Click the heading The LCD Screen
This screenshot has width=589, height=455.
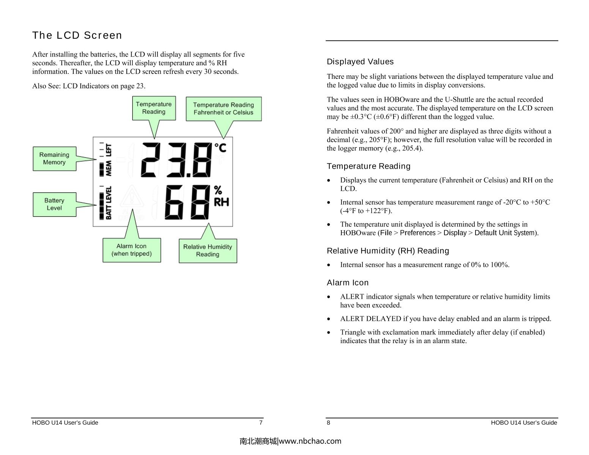pos(77,35)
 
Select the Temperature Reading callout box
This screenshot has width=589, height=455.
pos(154,108)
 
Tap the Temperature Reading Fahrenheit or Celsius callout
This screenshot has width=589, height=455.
pos(224,109)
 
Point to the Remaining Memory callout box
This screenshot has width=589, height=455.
pos(54,158)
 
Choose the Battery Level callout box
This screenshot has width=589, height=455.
pos(54,204)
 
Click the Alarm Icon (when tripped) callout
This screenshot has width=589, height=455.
pos(132,250)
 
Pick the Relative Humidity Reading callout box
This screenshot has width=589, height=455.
pos(208,251)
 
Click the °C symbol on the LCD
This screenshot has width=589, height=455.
pos(220,147)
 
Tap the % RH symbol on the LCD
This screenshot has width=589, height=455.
pos(221,196)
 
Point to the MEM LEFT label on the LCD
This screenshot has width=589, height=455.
pos(109,159)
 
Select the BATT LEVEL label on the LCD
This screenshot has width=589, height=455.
pos(109,203)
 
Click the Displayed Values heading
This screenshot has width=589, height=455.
pos(360,62)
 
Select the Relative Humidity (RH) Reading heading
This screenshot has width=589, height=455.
pos(388,251)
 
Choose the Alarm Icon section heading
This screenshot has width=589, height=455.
pos(348,283)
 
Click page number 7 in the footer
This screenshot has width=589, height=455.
pos(261,423)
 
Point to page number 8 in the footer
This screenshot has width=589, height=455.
pos(329,423)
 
